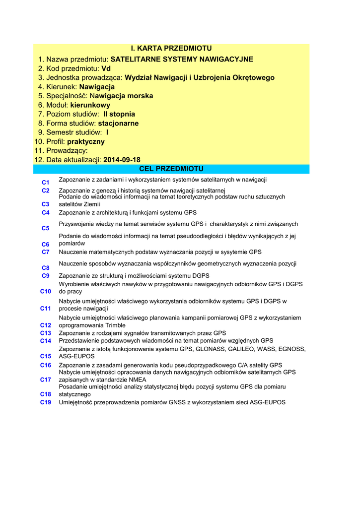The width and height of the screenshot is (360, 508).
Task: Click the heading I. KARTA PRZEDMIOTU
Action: point(171,48)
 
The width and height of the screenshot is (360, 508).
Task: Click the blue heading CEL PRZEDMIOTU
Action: point(171,169)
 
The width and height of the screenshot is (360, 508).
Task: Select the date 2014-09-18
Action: point(122,160)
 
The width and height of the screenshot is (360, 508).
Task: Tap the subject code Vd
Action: point(106,68)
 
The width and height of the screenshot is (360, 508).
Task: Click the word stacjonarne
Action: point(118,123)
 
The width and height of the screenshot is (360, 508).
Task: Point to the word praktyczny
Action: point(86,141)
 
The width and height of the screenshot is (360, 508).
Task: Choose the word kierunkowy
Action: point(90,105)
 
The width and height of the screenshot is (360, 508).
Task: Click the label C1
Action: point(46,182)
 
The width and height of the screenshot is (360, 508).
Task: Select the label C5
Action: point(46,228)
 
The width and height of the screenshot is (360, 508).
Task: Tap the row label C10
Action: point(46,291)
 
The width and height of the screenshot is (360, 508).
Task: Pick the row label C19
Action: point(46,402)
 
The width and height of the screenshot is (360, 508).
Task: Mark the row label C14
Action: point(46,341)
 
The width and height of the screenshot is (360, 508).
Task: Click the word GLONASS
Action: point(210,349)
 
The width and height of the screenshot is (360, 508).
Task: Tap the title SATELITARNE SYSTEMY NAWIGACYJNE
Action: point(182,60)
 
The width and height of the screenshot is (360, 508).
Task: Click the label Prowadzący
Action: point(67,150)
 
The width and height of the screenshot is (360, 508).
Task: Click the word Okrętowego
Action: point(247,78)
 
